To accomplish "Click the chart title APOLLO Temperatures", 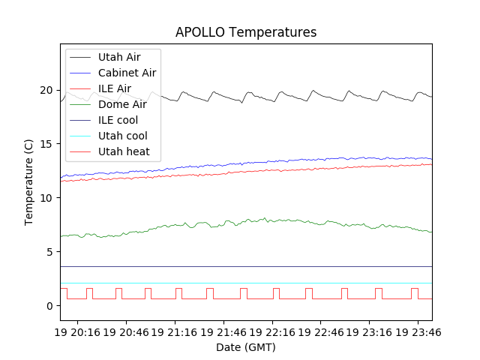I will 246,32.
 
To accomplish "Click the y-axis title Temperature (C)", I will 29,181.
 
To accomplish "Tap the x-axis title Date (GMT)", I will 246,347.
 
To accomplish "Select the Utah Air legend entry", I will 118,57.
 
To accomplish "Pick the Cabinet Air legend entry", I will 127,73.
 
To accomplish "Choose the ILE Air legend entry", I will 114,88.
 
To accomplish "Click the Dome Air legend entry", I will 122,104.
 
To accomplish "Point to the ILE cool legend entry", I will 118,120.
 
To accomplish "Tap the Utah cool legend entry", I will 122,136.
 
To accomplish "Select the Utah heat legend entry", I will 124,151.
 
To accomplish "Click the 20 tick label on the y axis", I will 47,90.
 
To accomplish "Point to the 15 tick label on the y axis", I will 47,144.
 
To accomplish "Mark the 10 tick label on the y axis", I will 47,198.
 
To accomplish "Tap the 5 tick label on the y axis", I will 50,252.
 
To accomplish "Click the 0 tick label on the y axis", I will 50,306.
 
